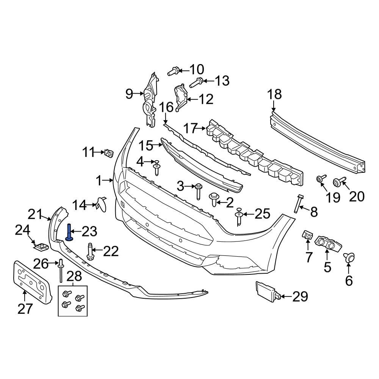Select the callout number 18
(x=275, y=94)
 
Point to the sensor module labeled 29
(x=268, y=291)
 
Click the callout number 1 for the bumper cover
(x=99, y=181)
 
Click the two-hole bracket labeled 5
(x=328, y=243)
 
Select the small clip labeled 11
(x=110, y=153)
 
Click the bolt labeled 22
(x=91, y=252)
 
